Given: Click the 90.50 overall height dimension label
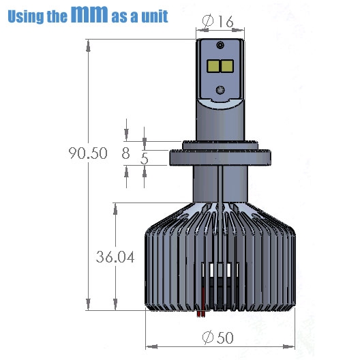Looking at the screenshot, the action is click(x=88, y=153).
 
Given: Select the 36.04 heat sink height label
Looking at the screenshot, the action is click(x=115, y=256).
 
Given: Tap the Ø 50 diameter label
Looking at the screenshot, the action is click(x=218, y=337).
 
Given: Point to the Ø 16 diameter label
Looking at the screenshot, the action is click(x=218, y=21).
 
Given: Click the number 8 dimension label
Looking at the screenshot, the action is click(x=125, y=153).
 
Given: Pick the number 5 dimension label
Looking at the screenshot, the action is click(x=145, y=158).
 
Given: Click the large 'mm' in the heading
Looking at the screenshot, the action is click(x=89, y=14).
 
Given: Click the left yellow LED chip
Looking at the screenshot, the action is click(x=213, y=66).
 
